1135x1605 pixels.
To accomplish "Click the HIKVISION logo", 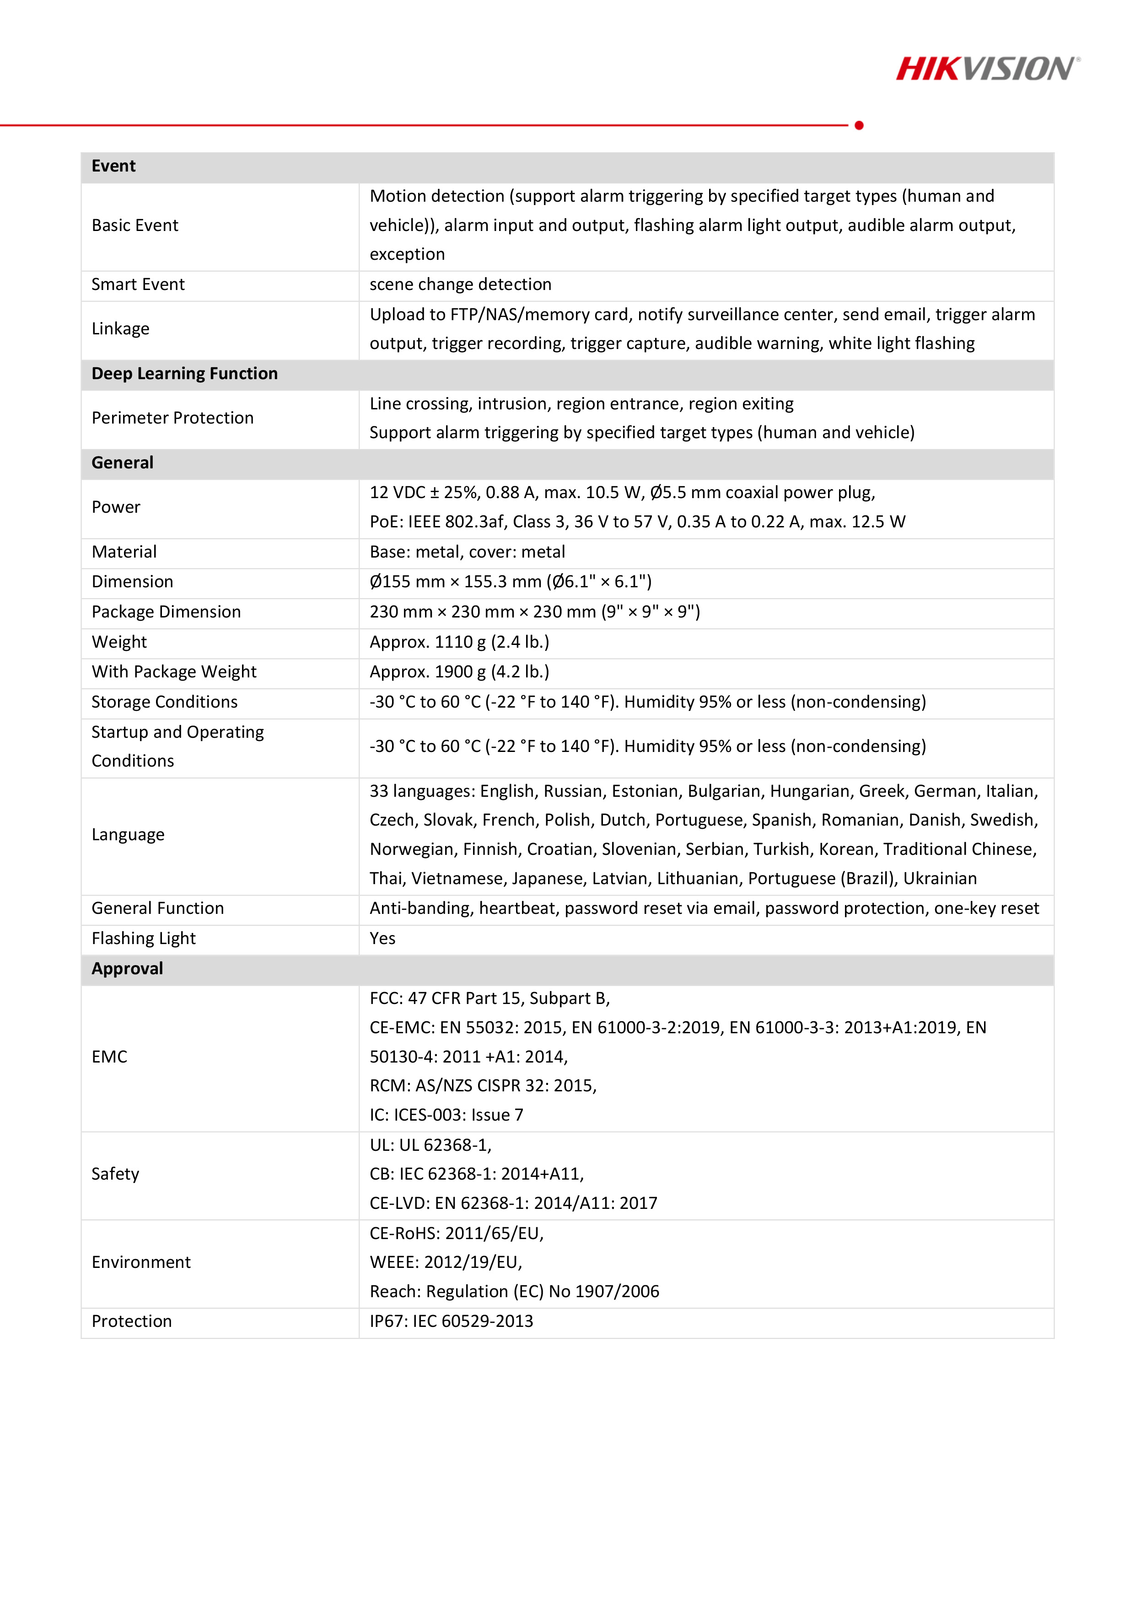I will point(987,69).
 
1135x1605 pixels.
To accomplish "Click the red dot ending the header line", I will point(859,125).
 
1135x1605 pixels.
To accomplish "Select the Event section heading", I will point(113,166).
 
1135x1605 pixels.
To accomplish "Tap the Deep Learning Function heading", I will point(185,373).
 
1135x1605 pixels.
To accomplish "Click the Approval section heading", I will point(127,968).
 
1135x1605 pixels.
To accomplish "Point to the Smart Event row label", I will point(138,284).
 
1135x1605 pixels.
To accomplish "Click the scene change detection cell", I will point(460,284).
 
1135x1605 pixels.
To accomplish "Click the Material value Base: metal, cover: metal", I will point(467,552).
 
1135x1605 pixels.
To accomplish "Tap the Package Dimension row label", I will point(166,612).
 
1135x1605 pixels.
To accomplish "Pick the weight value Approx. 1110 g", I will point(459,642).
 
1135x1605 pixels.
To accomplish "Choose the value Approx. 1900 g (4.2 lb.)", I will point(459,672).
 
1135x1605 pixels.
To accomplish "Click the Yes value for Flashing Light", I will point(382,938).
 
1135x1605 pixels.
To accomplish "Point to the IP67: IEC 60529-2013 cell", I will point(451,1321).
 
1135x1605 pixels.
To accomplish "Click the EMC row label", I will point(109,1056).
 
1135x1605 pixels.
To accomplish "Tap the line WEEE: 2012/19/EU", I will point(446,1262).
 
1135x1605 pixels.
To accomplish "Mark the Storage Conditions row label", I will point(164,702).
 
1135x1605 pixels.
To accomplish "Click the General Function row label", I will point(157,908).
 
